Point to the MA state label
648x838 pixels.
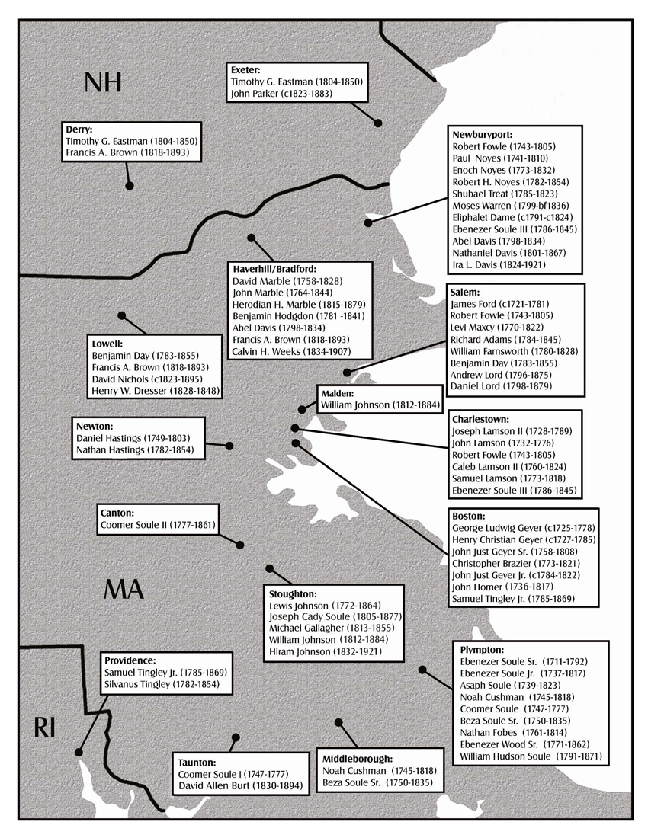[x=123, y=589]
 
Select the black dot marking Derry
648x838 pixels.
[x=130, y=185]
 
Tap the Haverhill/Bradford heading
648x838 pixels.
[x=273, y=269]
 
